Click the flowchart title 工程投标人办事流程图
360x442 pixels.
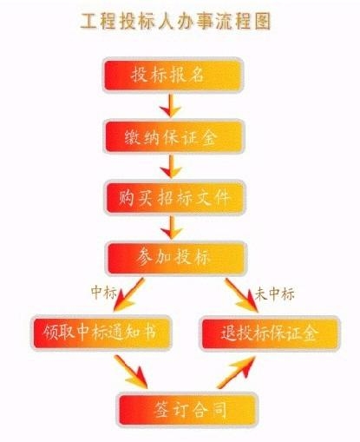pyautogui.click(x=175, y=21)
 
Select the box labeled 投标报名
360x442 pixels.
pyautogui.click(x=173, y=75)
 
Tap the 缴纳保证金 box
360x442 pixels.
pyautogui.click(x=174, y=136)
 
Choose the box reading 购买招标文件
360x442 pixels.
pyautogui.click(x=175, y=197)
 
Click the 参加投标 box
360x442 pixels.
pyautogui.click(x=177, y=258)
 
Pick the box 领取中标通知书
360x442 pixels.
pyautogui.click(x=101, y=333)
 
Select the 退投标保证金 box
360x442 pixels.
pyautogui.click(x=271, y=333)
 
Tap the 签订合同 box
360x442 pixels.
pyautogui.click(x=187, y=409)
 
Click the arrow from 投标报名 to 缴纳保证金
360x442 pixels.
pyautogui.click(x=171, y=105)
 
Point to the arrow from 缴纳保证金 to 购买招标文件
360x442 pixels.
pyautogui.click(x=171, y=167)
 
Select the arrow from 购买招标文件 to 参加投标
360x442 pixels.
pyautogui.click(x=172, y=228)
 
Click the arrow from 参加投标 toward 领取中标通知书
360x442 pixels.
pyautogui.click(x=128, y=294)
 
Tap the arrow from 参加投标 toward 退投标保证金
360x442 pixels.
pyautogui.click(x=242, y=295)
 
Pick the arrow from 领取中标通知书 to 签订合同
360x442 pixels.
pyautogui.click(x=132, y=372)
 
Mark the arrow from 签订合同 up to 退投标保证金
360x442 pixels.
pyautogui.click(x=236, y=373)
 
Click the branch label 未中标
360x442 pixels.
pyautogui.click(x=275, y=294)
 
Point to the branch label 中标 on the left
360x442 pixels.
pyautogui.click(x=104, y=293)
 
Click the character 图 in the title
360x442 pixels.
pyautogui.click(x=262, y=21)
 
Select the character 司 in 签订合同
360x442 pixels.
pyautogui.click(x=219, y=409)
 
